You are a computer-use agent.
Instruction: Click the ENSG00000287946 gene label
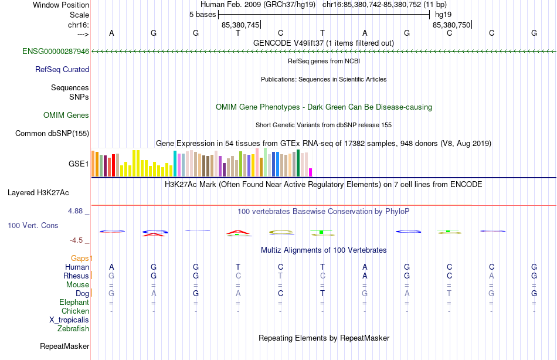(x=56, y=52)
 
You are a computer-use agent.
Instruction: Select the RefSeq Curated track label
(x=62, y=70)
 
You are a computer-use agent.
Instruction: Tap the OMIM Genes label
(x=66, y=116)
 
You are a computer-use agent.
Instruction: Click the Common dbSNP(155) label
(x=52, y=134)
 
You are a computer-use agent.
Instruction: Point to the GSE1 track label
(x=79, y=164)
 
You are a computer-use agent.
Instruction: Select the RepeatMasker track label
(x=64, y=347)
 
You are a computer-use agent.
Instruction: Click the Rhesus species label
(x=76, y=276)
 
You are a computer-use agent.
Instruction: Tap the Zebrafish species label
(x=73, y=329)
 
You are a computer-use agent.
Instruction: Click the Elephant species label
(x=74, y=303)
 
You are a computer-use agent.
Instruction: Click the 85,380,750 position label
(x=451, y=25)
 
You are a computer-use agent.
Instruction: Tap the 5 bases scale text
(x=202, y=15)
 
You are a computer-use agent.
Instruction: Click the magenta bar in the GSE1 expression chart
(x=311, y=172)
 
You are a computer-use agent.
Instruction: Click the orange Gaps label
(x=81, y=258)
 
